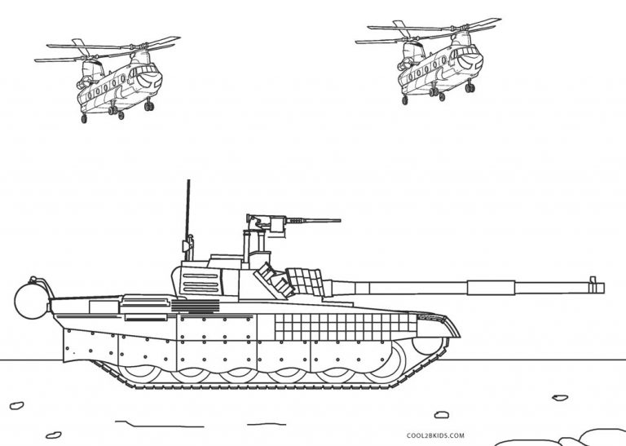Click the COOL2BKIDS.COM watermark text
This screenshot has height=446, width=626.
[x=435, y=435]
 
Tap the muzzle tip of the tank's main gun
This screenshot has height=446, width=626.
[x=604, y=288]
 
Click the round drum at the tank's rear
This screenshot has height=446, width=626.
[x=32, y=300]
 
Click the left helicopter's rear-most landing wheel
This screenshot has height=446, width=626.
[x=84, y=118]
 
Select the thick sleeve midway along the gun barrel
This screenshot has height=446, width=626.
[x=491, y=288]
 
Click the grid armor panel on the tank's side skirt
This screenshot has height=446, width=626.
[x=346, y=327]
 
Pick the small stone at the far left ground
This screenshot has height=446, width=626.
[x=17, y=405]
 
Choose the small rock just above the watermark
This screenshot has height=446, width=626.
[x=441, y=415]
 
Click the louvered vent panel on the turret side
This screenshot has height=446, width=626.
[x=201, y=282]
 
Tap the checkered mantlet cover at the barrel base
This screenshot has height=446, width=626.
[x=306, y=281]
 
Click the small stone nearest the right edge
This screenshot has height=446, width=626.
[x=560, y=398]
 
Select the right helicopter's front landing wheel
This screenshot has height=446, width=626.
[x=469, y=87]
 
